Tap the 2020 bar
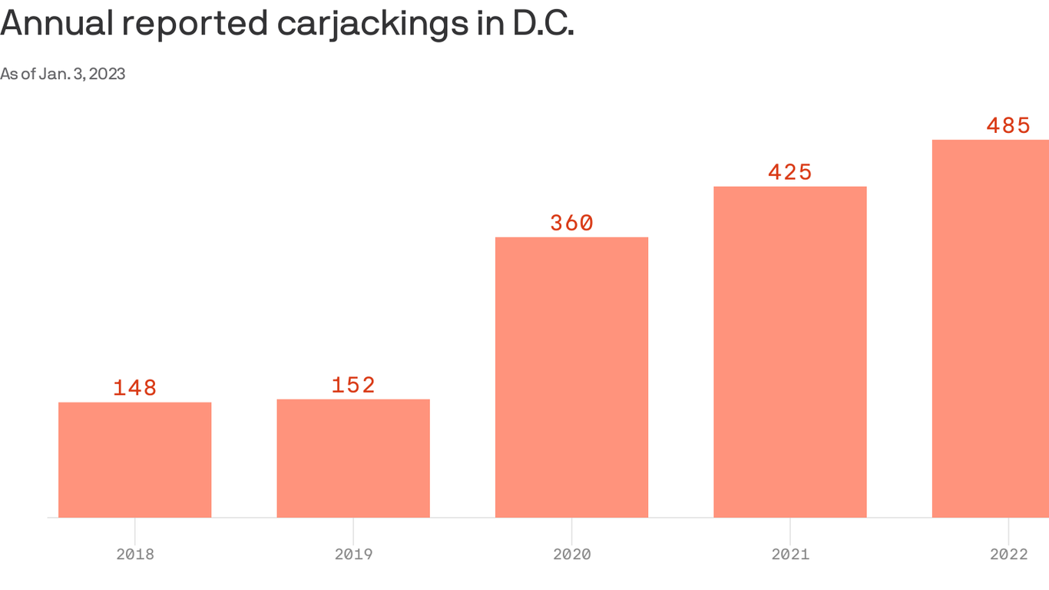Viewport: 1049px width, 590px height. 571,376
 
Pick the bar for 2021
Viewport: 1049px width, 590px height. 789,351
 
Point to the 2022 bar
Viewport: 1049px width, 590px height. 991,328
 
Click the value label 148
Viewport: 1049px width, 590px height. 135,388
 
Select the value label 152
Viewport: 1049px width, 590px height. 353,385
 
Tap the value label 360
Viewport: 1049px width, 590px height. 571,223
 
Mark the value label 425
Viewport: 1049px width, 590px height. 789,172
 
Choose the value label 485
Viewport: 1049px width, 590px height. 1008,125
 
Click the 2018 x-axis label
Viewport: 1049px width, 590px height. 135,554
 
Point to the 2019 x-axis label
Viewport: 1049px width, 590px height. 353,554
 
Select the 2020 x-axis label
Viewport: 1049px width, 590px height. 571,554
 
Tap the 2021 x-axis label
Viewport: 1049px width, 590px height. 789,554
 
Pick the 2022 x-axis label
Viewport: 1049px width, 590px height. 1008,554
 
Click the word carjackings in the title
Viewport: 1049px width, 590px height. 374,25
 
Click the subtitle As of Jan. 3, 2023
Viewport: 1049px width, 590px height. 63,74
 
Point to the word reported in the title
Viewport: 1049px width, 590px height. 195,25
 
